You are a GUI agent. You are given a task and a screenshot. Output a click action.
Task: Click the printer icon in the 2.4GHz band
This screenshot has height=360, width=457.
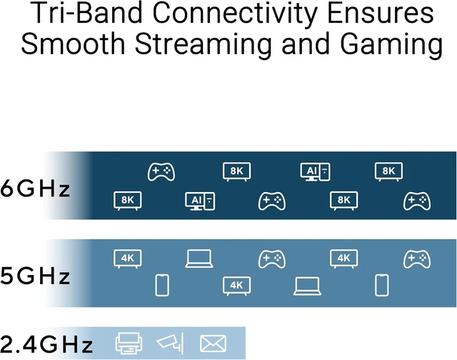tap(129, 343)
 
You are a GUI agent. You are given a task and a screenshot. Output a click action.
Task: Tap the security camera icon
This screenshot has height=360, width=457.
tap(171, 343)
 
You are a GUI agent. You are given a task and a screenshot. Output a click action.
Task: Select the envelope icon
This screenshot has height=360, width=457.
tap(213, 344)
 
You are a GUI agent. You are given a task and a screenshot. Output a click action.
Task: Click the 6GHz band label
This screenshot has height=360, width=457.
tap(35, 189)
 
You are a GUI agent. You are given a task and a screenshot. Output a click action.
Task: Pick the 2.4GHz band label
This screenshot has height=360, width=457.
tap(46, 344)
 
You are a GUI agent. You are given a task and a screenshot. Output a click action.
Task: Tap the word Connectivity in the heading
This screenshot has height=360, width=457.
tap(235, 14)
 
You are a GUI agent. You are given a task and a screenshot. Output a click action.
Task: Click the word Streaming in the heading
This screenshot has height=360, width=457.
tap(203, 45)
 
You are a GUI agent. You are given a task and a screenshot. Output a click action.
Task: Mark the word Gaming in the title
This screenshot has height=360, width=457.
tap(391, 45)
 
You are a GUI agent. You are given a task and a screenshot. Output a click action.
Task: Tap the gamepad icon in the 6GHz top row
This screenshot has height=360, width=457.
tap(161, 171)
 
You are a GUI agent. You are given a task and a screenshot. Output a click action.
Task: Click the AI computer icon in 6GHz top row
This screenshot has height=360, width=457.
tap(316, 171)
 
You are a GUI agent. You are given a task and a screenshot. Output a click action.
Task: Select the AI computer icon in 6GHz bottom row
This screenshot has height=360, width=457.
tap(200, 201)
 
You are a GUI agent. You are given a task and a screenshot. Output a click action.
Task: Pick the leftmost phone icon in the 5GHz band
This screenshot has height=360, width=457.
tap(162, 285)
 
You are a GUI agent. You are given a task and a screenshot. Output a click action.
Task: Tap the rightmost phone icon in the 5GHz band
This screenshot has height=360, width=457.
tap(381, 285)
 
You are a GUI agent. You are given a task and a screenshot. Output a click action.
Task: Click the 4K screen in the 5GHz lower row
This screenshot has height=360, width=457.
tap(236, 286)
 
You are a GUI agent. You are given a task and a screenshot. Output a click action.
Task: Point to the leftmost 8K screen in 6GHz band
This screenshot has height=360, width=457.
tap(127, 201)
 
